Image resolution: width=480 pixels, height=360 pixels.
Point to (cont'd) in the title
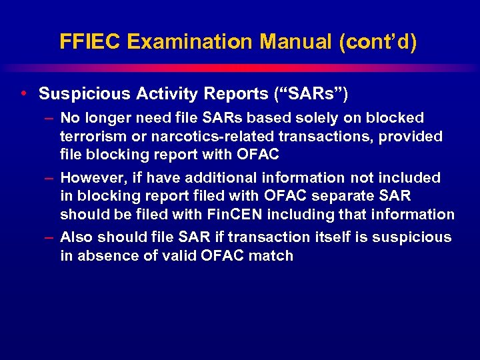pos(377,42)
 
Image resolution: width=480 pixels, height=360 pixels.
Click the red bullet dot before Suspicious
pos(24,93)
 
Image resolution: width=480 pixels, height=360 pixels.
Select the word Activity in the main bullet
pos(163,93)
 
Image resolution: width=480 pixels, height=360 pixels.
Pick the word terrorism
pos(91,137)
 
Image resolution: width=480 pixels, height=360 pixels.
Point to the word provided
pos(415,137)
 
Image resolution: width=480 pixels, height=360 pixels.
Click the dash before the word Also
pos(50,237)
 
